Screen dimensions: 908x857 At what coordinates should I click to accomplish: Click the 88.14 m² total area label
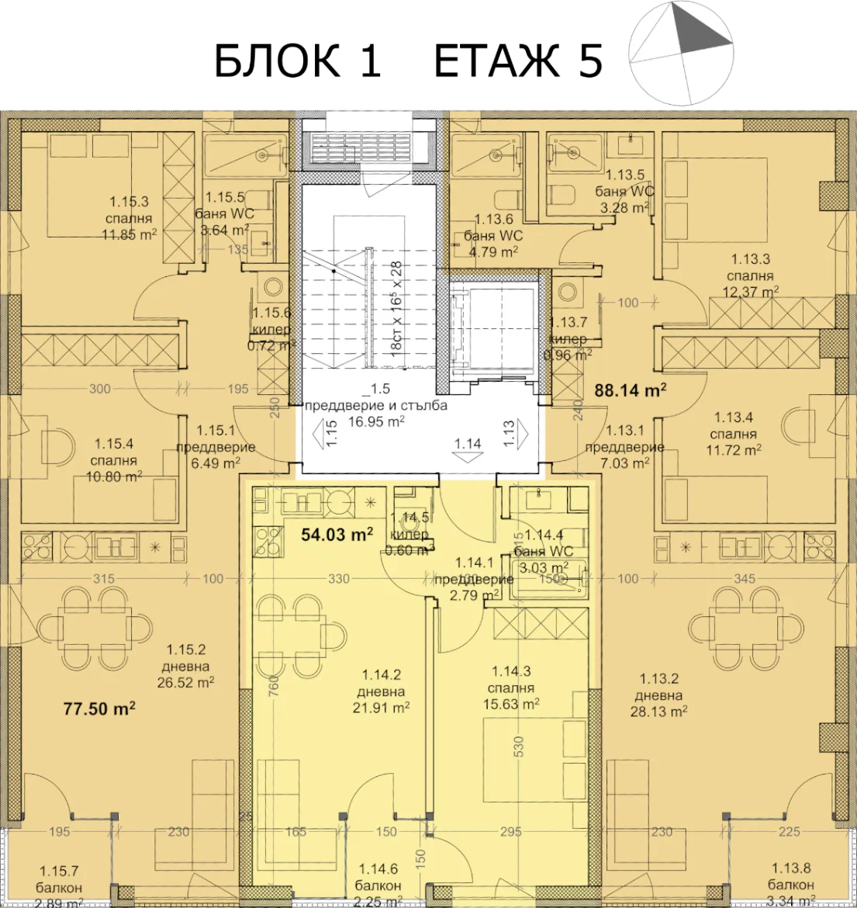tap(631, 391)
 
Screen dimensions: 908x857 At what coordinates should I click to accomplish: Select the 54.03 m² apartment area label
tap(337, 535)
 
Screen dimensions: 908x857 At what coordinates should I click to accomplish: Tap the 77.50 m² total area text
tap(99, 708)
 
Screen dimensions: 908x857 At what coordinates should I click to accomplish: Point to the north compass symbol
tap(682, 54)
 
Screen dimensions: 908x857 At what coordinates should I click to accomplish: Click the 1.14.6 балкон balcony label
tap(379, 885)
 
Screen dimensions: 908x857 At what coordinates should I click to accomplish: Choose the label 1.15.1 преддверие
tap(205, 447)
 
